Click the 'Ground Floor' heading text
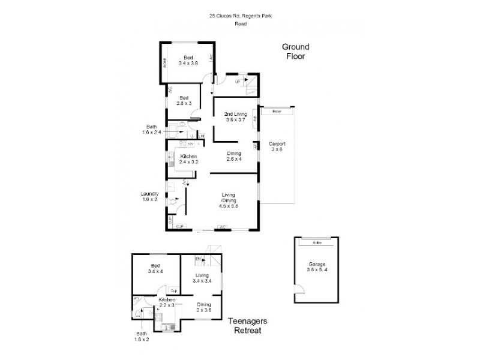coord(295,52)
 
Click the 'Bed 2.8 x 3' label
coord(184,101)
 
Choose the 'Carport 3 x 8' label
coord(277,147)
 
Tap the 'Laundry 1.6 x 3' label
coord(149,196)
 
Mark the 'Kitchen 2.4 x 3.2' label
coord(188,159)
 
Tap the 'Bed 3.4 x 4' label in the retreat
coord(155,268)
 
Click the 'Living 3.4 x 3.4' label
coord(201,278)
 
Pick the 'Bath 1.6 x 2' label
coord(141,336)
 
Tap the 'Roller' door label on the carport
coord(277,112)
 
